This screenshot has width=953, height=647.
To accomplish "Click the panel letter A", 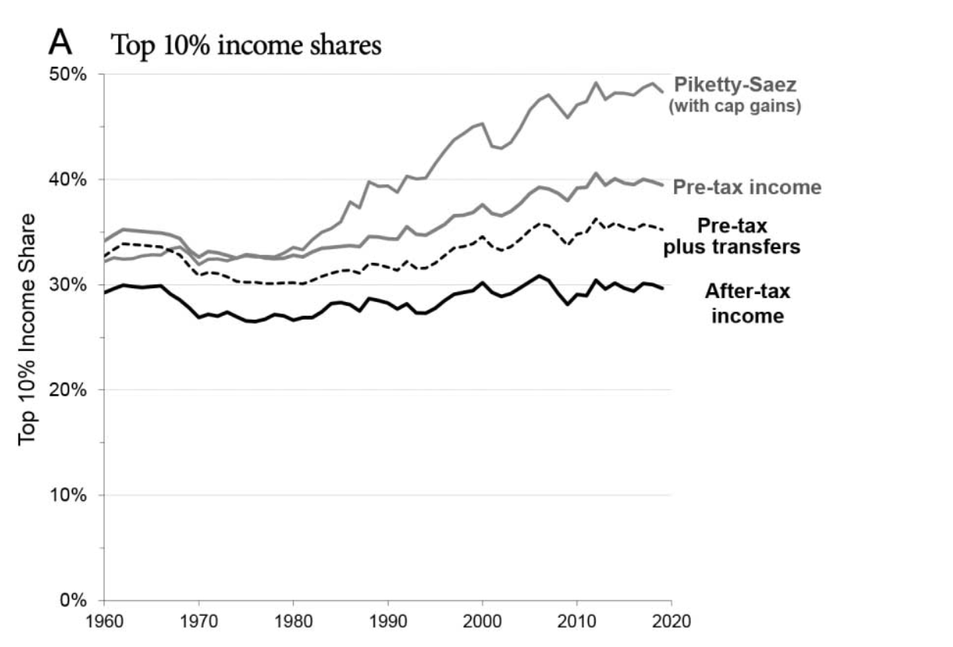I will tap(61, 43).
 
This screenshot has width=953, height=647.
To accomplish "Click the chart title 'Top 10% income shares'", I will tap(247, 45).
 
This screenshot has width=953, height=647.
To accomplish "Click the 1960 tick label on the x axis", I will tap(103, 620).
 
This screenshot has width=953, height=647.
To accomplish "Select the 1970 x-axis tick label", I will tap(198, 620).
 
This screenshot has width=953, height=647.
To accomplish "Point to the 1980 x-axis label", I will tap(293, 620).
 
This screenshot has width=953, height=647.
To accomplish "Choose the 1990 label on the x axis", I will tap(387, 620).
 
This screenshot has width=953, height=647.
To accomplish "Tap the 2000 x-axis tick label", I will tap(483, 620).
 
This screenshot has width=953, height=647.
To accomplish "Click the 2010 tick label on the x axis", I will tap(577, 620).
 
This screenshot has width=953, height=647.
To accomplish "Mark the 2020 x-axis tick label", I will tap(672, 620).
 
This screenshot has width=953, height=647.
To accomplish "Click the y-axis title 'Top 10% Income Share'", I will tap(28, 329).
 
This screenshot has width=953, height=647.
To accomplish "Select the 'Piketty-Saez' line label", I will tap(735, 85).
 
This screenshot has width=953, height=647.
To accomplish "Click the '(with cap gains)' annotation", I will tap(736, 106).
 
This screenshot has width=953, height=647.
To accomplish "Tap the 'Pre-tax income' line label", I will tap(747, 187).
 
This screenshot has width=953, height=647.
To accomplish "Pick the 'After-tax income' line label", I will tap(747, 303).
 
